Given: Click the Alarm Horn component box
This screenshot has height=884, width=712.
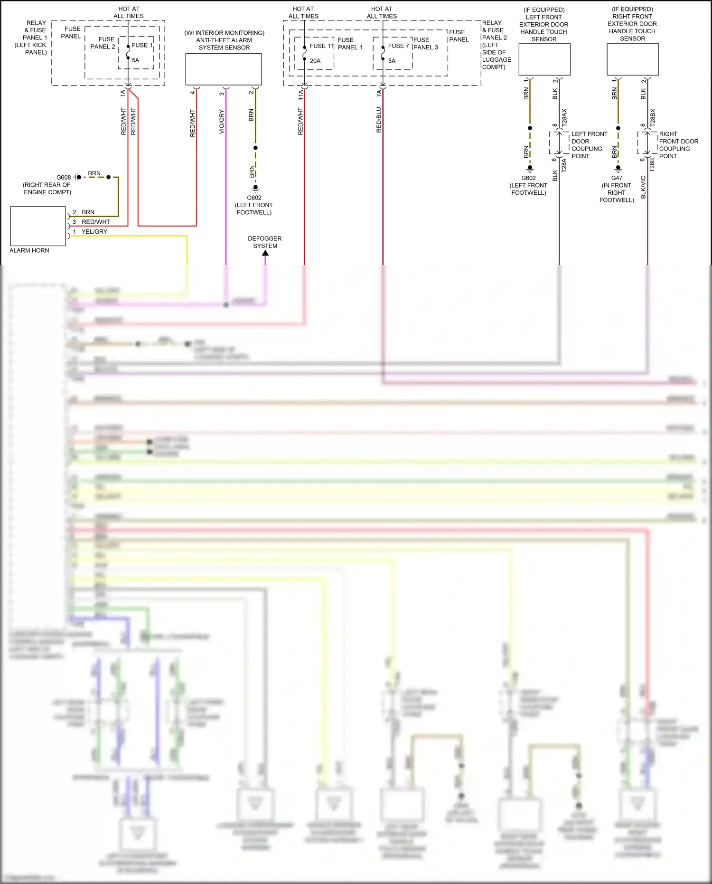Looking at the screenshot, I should tap(38, 226).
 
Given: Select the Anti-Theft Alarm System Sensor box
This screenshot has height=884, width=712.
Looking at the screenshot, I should tap(223, 69).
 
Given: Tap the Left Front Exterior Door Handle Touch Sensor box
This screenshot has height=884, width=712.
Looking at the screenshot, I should tap(544, 59).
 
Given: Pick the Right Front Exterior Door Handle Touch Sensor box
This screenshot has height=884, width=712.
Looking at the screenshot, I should tap(633, 59).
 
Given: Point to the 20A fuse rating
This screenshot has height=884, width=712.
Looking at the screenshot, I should tap(315, 61).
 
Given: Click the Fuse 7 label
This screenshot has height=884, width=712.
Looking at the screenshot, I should tap(398, 46).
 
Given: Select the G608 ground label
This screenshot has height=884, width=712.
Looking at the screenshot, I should tap(64, 178).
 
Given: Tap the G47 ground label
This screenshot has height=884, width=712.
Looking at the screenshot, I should tap(617, 178).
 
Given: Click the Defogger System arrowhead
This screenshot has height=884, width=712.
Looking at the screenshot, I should tap(265, 253).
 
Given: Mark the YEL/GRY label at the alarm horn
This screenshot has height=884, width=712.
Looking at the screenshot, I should tap(94, 232).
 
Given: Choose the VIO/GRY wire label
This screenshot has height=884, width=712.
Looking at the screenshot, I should tap(222, 122).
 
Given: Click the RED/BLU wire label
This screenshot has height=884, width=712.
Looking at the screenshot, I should tap(379, 120).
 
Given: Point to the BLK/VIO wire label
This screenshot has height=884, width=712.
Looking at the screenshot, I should tap(643, 187).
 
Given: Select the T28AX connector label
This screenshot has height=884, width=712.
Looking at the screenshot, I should tap(564, 117).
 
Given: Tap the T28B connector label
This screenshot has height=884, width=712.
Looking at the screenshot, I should tap(652, 165).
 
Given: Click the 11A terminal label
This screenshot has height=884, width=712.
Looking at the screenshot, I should tap(300, 95).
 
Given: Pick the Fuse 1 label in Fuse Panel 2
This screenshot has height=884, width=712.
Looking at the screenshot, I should tap(142, 45).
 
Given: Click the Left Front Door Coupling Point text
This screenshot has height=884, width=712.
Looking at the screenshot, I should tap(589, 145).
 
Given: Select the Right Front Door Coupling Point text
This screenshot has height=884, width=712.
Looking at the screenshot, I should tap(678, 145).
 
